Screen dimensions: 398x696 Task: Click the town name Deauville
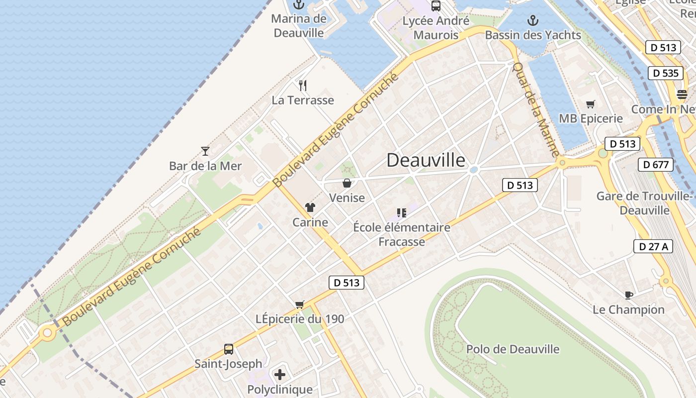(x=426, y=160)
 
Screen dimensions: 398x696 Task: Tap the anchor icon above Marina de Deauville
(x=298, y=5)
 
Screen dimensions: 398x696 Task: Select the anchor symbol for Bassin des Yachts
(x=533, y=20)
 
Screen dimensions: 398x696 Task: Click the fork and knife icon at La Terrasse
(x=303, y=86)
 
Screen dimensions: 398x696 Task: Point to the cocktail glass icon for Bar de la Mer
(x=205, y=151)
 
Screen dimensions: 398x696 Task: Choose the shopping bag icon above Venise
(x=347, y=183)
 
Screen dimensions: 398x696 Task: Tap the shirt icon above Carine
(x=310, y=207)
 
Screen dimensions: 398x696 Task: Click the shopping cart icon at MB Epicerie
(x=591, y=104)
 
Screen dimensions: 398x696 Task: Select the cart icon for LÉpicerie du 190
(x=299, y=304)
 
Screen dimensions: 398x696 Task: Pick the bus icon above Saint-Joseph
(x=229, y=349)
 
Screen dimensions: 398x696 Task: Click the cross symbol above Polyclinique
(x=280, y=374)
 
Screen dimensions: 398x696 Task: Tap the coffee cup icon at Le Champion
(x=628, y=295)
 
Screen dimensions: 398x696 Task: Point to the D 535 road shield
(x=665, y=73)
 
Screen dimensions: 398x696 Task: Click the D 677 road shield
(x=655, y=165)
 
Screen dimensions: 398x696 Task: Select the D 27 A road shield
(x=653, y=246)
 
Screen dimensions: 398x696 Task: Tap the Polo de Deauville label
(x=513, y=349)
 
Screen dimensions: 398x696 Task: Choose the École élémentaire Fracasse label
(x=402, y=234)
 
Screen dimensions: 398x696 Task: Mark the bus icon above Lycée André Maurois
(x=436, y=6)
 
